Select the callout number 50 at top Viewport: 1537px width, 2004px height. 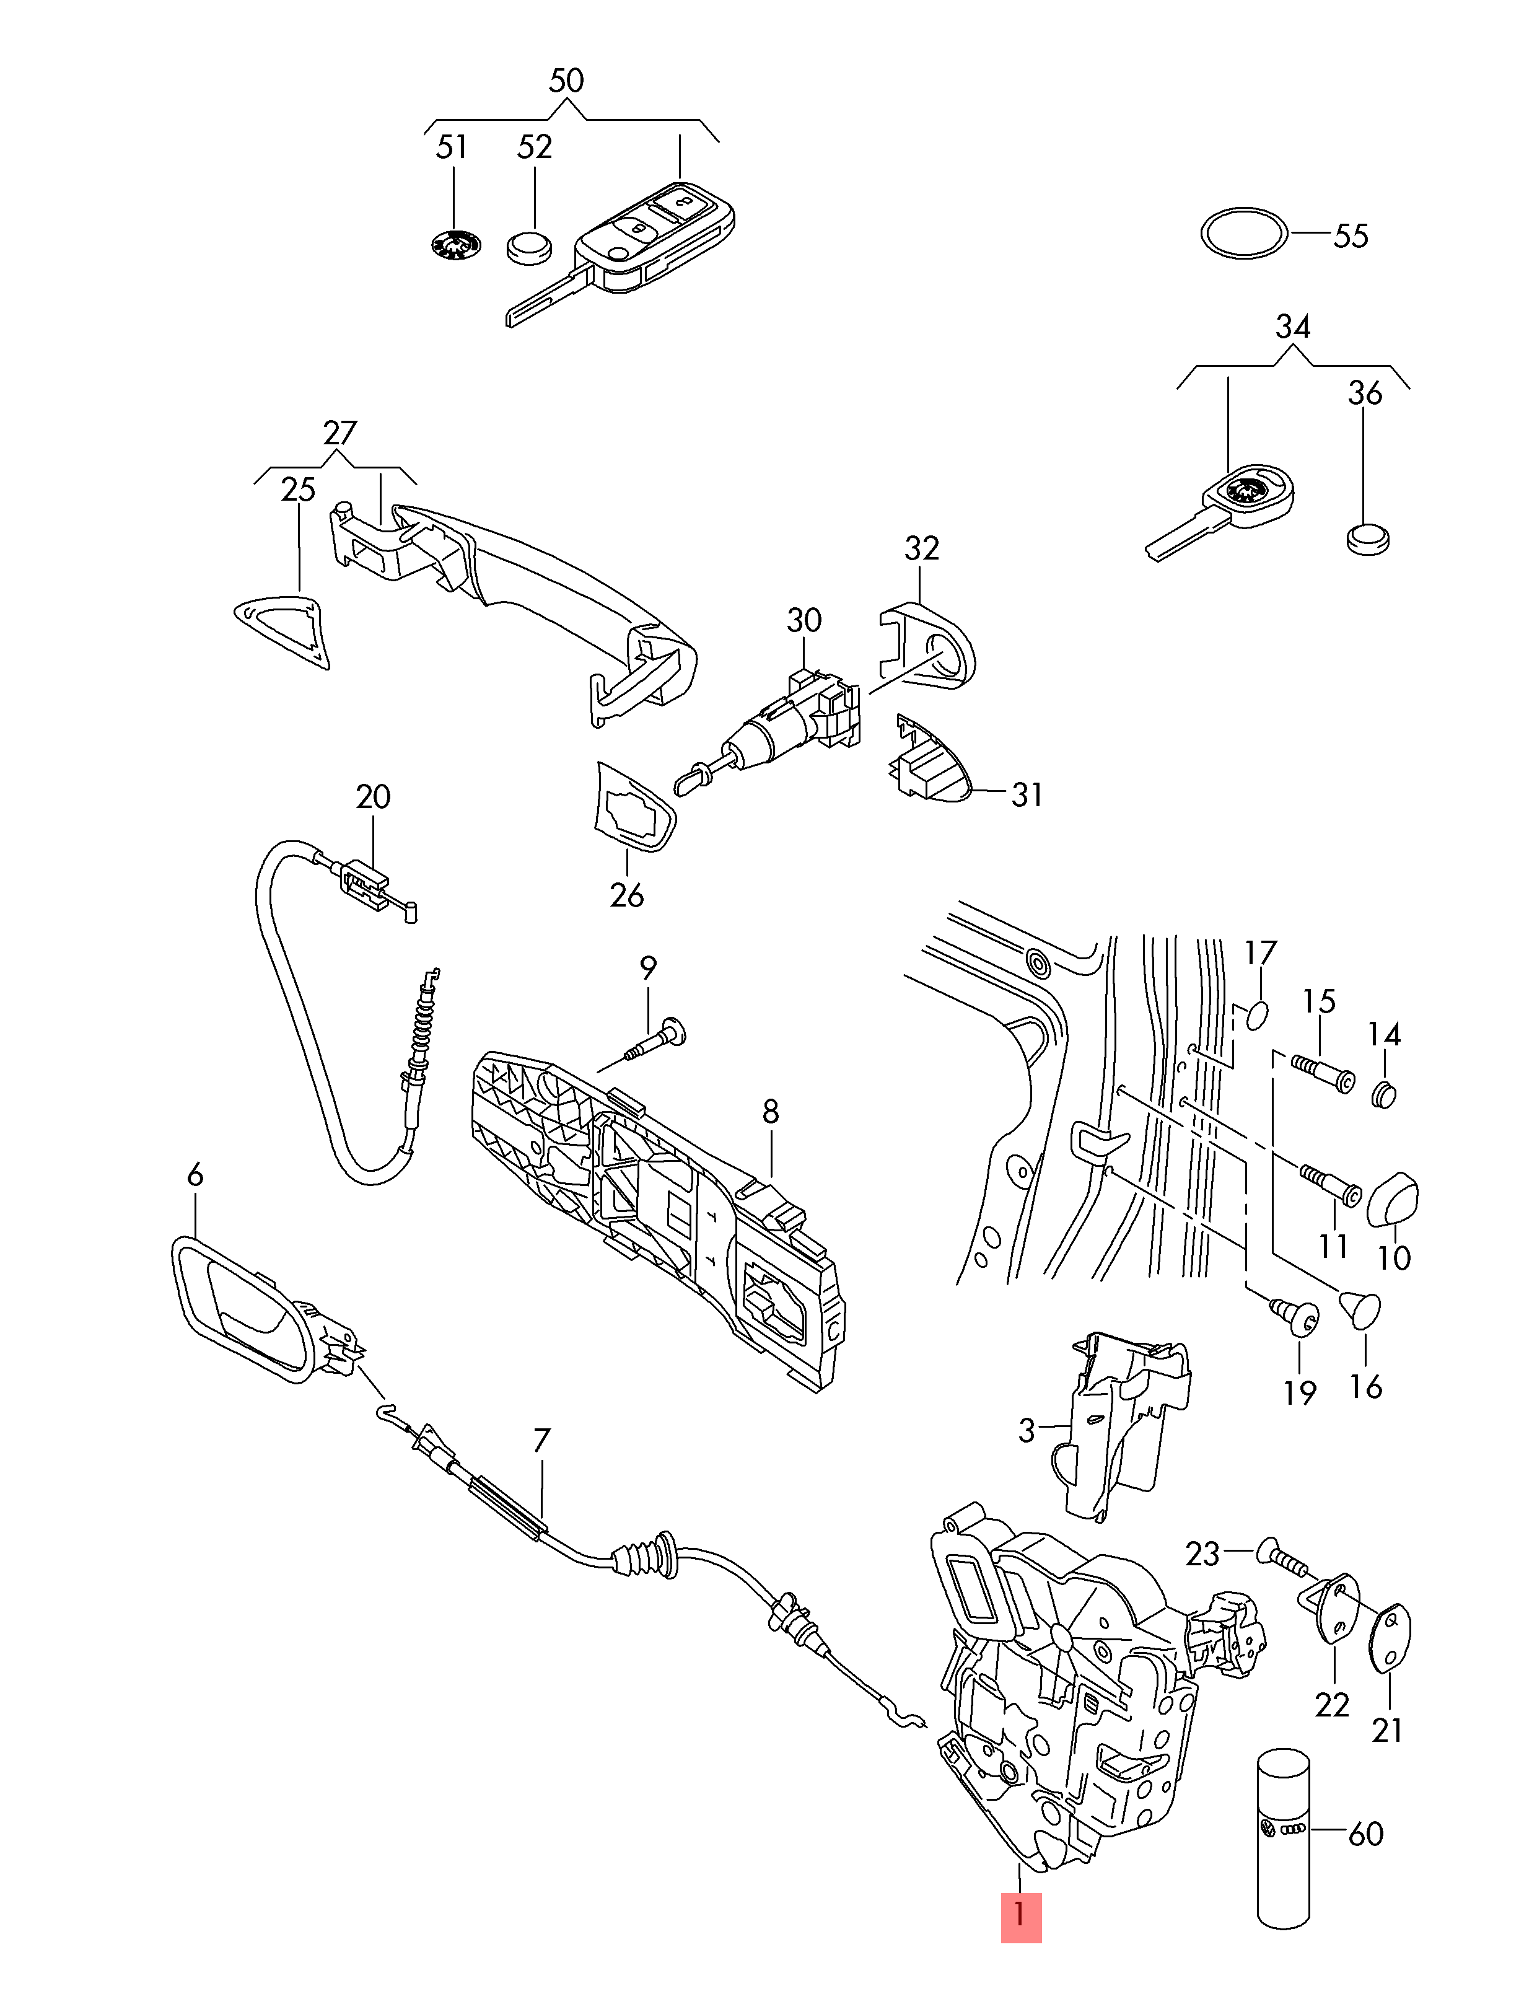click(x=566, y=81)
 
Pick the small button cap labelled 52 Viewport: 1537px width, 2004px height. click(x=530, y=247)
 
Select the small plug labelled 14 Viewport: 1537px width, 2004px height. click(x=1384, y=1094)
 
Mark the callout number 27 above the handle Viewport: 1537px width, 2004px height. click(x=339, y=432)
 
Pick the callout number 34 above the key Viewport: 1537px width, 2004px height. click(x=1292, y=327)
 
